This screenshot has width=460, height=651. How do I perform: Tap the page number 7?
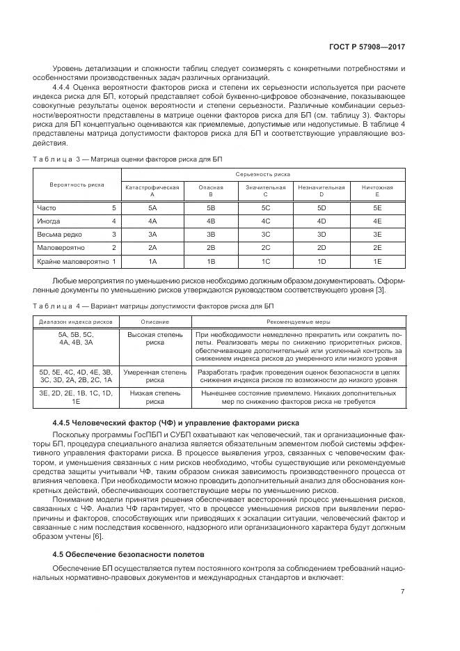pos(403,592)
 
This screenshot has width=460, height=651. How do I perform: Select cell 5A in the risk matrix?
pos(152,207)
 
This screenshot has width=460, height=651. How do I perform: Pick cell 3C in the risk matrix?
pos(265,235)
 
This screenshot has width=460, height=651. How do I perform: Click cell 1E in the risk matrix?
pos(377,261)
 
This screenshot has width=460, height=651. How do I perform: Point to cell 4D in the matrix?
pos(322,221)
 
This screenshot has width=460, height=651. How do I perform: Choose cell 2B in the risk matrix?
pos(211,248)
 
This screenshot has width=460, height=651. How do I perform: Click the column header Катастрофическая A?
pos(152,190)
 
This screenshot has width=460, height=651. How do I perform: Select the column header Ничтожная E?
pos(377,190)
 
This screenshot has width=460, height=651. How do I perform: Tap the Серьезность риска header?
pos(265,174)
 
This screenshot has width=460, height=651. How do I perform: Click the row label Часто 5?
pos(76,207)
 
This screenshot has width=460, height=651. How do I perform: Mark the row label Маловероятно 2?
pos(76,248)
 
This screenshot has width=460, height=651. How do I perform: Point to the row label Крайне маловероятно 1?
pos(76,261)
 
